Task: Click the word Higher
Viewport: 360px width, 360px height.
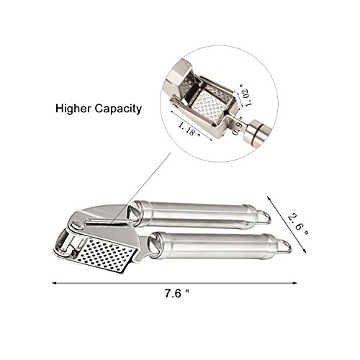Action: (x=73, y=109)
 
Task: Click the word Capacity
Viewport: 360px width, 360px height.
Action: (x=117, y=109)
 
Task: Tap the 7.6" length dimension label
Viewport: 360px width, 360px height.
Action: (x=177, y=293)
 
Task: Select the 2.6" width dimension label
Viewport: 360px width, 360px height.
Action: (x=298, y=225)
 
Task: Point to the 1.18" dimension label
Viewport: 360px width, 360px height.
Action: (x=189, y=129)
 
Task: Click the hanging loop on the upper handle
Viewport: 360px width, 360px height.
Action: (x=264, y=217)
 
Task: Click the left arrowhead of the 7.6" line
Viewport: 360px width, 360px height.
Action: (x=54, y=283)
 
